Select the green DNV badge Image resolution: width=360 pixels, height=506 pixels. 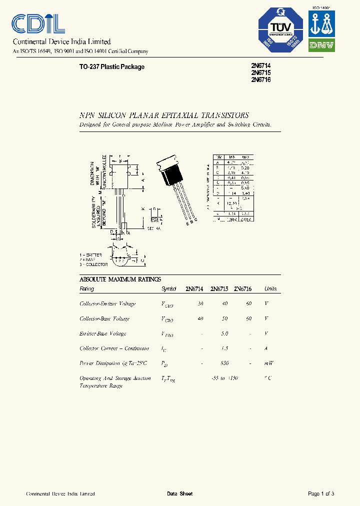point(321,45)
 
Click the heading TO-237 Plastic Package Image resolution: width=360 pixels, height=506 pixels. point(112,67)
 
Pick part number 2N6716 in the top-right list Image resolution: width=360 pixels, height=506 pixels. point(260,79)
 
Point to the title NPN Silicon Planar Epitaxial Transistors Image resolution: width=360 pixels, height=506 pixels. point(164,115)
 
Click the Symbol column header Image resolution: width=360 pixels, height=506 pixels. point(168,289)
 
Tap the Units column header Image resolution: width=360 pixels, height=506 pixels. point(270,289)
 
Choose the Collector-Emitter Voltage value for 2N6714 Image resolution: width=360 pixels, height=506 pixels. point(200,304)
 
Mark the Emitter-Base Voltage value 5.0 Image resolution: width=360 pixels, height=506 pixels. point(224,333)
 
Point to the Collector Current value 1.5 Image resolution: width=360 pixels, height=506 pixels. point(224,348)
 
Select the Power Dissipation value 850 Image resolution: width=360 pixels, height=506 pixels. point(224,363)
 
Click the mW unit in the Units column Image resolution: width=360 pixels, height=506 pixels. point(269,363)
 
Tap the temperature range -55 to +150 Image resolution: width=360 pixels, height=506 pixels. point(224,378)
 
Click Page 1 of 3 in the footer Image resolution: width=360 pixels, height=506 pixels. point(321,494)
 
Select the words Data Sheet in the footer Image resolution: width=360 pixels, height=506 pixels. point(179,494)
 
